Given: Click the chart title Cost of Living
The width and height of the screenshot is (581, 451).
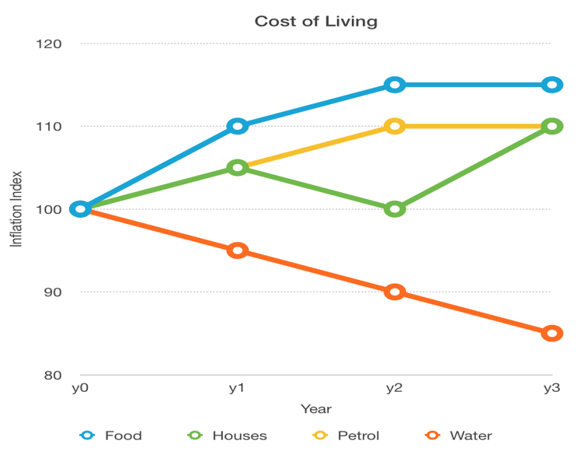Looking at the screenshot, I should pos(315,21).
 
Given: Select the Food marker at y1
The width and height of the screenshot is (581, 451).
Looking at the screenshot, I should pos(238,126).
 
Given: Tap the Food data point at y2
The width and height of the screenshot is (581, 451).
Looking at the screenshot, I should pos(395,85).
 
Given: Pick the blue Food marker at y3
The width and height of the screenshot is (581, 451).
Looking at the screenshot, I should pos(551,85).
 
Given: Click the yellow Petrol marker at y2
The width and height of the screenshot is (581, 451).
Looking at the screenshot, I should pos(395,126).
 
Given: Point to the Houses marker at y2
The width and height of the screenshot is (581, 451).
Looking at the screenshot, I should pos(395,209).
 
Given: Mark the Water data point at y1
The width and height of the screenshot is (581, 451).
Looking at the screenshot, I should pos(238,250).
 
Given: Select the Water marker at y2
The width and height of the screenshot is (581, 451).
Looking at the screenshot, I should pos(395,292).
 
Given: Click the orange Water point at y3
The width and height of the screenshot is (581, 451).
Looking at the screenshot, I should pos(551,334).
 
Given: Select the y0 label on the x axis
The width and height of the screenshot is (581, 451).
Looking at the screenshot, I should pos(80,388).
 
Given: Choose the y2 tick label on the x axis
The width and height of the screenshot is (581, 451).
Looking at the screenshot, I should pos(395,388).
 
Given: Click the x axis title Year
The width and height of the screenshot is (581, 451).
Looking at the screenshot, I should pos(315,408).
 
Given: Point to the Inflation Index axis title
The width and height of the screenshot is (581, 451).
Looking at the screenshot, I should pos(16,209).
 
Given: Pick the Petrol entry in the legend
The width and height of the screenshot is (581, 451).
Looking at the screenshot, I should pos(345,435).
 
